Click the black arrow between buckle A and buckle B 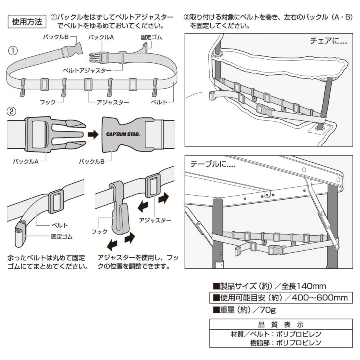tap(93, 135)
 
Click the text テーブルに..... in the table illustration tap(212, 165)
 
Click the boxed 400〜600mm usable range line tap(281, 298)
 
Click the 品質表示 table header tap(280, 324)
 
